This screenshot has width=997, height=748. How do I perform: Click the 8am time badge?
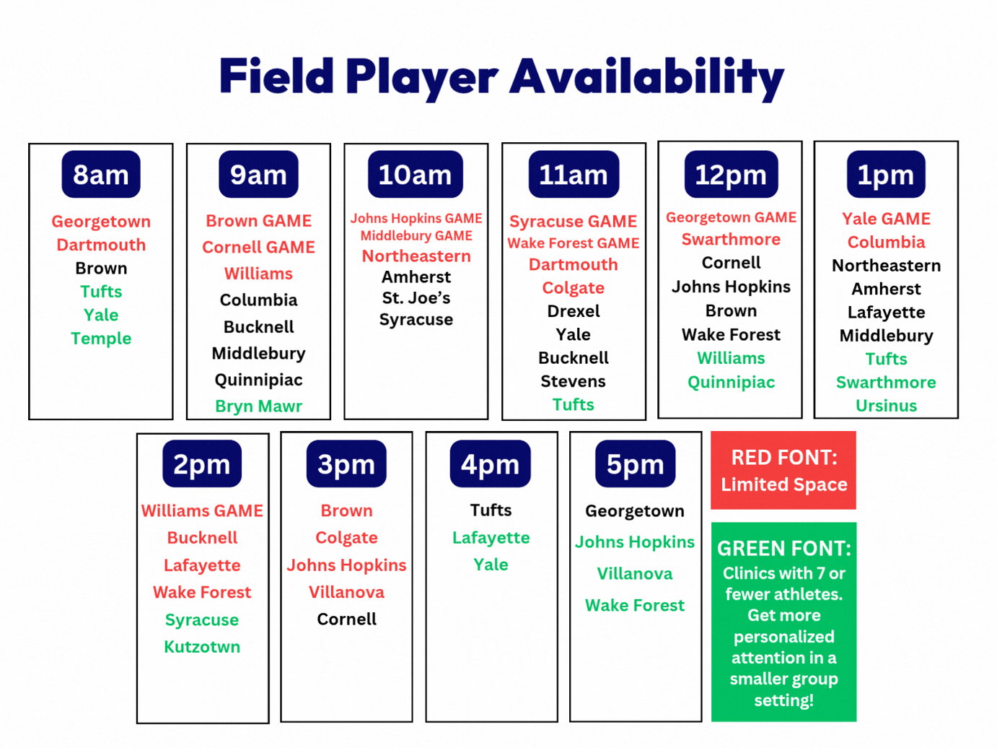pos(101,174)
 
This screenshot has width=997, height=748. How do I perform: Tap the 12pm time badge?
pos(731,174)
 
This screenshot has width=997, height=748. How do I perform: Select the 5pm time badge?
pos(635,464)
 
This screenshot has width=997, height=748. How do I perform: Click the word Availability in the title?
pos(646,77)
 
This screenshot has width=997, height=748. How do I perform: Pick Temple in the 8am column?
pos(101,339)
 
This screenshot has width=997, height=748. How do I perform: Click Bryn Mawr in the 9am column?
pos(258,406)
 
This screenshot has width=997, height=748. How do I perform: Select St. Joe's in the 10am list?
pos(416,298)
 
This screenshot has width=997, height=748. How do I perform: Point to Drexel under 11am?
pos(574,311)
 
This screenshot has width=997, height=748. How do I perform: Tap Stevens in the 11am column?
pos(574,381)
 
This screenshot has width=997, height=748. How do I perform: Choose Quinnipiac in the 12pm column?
pos(731,383)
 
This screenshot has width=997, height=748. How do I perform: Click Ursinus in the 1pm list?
pos(886,406)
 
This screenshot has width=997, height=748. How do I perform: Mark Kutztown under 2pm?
pos(202,647)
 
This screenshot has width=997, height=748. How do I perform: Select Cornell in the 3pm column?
pos(346,619)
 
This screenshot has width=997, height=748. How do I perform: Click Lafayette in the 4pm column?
pos(491,538)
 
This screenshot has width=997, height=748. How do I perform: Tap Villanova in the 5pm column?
pos(635,573)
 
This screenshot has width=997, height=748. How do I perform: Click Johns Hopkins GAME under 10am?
pos(416,219)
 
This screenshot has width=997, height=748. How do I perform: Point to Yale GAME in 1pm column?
pos(886,219)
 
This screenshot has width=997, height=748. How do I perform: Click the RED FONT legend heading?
pos(784,458)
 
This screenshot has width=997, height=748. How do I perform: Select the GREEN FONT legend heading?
pos(784,549)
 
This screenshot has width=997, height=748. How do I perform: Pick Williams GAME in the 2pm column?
pos(202,510)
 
